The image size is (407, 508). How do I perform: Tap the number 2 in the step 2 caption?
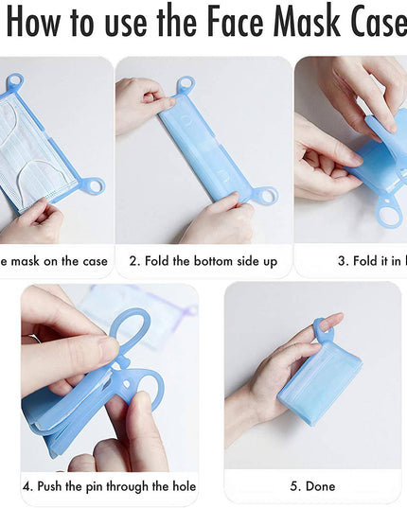click(133, 261)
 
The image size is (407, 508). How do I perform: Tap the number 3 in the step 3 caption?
click(342, 261)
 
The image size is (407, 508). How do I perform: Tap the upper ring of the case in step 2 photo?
click(186, 84)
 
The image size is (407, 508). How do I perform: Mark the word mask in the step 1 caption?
click(21, 261)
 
